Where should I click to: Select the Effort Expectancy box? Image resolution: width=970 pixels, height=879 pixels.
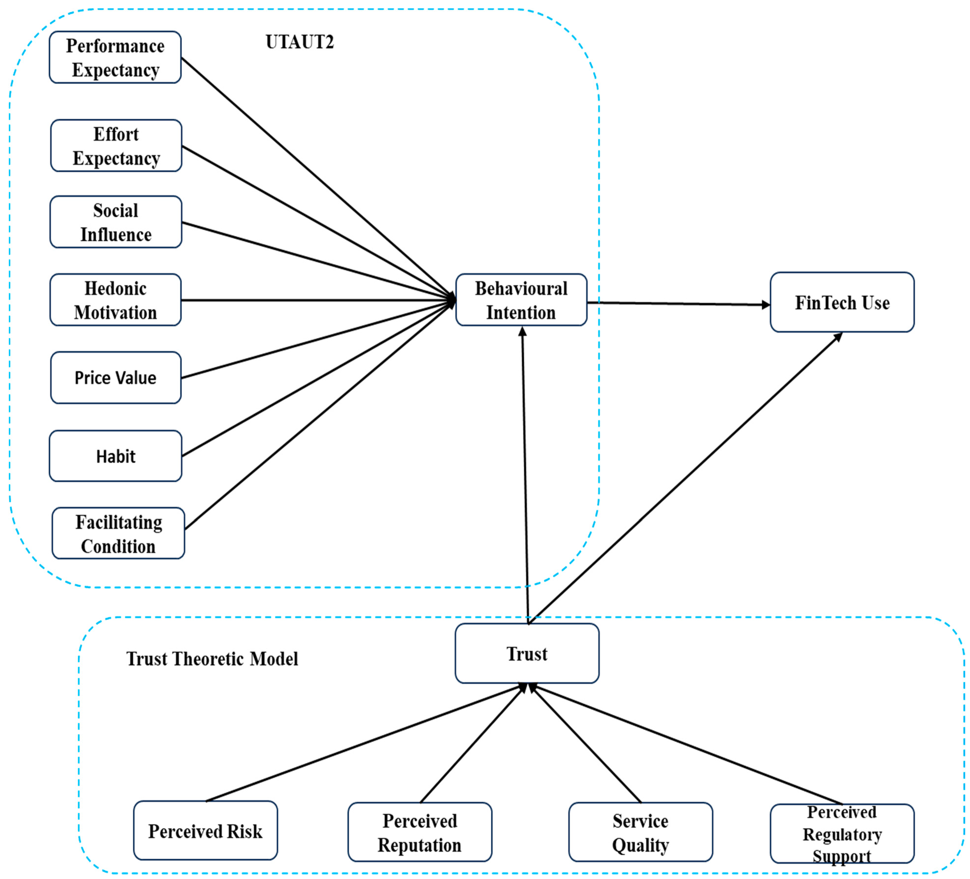click(x=116, y=146)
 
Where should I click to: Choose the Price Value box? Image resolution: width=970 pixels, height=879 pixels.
click(x=115, y=378)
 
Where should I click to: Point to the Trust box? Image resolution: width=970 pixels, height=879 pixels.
click(x=527, y=653)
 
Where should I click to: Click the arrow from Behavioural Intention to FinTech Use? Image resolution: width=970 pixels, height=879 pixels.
click(x=678, y=304)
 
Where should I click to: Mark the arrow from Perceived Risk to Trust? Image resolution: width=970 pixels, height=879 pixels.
click(x=366, y=743)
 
